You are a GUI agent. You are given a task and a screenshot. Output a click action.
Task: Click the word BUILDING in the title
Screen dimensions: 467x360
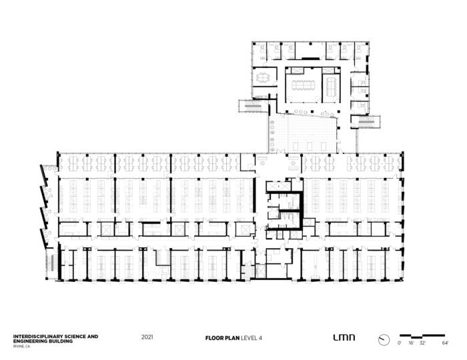tap(61, 341)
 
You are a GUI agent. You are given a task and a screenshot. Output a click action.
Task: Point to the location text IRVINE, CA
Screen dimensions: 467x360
tap(21, 346)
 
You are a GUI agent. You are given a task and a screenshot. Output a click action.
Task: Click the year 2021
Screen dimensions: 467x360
tap(147, 337)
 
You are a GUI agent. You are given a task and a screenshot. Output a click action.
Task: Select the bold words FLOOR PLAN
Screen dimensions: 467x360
tap(222, 338)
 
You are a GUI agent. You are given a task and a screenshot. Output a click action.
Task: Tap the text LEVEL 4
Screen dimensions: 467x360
tap(252, 338)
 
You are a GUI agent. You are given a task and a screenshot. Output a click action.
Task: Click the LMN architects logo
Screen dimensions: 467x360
tap(344, 337)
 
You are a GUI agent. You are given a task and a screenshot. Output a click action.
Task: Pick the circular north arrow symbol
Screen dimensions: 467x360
tap(384, 340)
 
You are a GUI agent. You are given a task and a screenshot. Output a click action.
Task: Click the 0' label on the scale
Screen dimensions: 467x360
tap(400, 343)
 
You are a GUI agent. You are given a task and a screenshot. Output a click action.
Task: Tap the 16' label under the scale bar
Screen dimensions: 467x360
tap(411, 343)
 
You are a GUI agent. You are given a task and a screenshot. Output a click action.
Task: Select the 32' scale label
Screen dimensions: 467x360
tap(422, 343)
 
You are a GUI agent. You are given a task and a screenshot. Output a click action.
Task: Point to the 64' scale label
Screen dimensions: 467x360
tap(445, 343)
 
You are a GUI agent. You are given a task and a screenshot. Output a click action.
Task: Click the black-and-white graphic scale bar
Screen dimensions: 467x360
tap(422, 337)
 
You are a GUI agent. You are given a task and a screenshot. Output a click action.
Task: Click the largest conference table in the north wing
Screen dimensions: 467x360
tap(304, 85)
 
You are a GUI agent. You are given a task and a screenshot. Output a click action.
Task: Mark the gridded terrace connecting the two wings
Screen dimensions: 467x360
tap(303, 133)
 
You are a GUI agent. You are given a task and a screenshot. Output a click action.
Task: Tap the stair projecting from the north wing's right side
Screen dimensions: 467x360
tap(366, 122)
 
